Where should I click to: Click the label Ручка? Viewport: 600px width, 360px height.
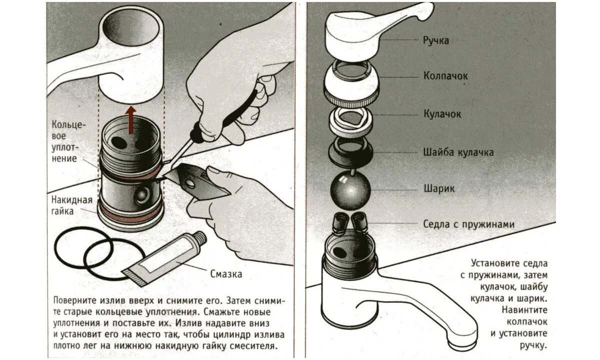click(x=436, y=40)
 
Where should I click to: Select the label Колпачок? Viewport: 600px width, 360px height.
click(x=445, y=76)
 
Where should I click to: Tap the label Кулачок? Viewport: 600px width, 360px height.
click(x=442, y=114)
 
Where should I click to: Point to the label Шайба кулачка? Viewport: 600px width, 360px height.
click(x=458, y=152)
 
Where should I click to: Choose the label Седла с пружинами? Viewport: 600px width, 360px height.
click(x=468, y=224)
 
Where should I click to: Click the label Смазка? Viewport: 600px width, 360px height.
click(x=226, y=273)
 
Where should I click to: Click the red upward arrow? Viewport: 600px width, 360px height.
click(x=130, y=120)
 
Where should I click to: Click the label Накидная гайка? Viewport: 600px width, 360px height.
click(x=72, y=205)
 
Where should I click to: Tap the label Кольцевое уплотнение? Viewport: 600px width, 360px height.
click(x=64, y=141)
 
